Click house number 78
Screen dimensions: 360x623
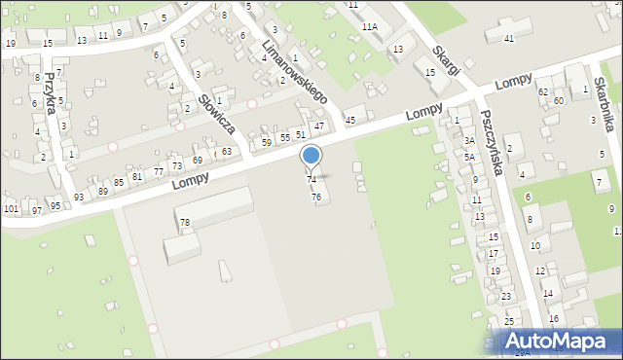click(184, 223)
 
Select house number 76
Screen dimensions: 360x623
click(315, 198)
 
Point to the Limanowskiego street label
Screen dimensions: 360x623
click(300, 69)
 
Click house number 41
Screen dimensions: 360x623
click(509, 38)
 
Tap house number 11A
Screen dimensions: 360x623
click(369, 27)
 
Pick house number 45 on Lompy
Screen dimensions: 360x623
click(350, 119)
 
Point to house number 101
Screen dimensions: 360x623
click(11, 209)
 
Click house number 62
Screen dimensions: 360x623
click(543, 91)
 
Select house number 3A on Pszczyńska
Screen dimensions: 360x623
click(468, 141)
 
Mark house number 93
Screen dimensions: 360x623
click(77, 197)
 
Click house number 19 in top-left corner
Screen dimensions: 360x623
click(11, 44)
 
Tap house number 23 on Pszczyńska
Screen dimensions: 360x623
click(506, 296)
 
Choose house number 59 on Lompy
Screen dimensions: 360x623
click(267, 143)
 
